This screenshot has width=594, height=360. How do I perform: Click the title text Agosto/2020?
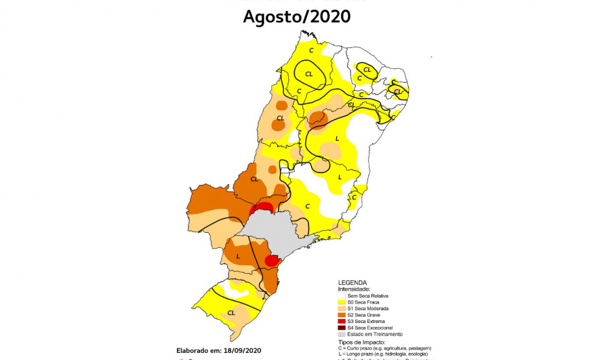click(x=297, y=16)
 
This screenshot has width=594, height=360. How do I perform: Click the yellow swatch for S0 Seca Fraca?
click(x=341, y=302)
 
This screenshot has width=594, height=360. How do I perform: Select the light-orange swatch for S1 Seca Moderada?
click(x=341, y=309)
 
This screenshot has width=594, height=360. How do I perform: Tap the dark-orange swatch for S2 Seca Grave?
click(x=341, y=315)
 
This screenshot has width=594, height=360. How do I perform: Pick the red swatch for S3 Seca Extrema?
click(x=341, y=321)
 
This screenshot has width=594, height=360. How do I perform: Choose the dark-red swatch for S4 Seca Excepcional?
click(x=341, y=328)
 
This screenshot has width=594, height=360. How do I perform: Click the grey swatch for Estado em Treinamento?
click(x=341, y=334)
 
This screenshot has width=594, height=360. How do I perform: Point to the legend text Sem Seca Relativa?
click(x=367, y=296)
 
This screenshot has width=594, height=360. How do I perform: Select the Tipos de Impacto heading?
click(x=362, y=342)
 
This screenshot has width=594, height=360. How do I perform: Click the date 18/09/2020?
click(x=240, y=350)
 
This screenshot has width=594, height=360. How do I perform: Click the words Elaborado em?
click(x=198, y=350)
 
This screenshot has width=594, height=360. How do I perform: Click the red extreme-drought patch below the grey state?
click(x=273, y=259)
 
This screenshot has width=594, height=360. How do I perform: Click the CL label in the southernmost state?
click(x=231, y=313)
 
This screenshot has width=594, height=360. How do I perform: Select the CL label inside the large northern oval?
click(x=309, y=73)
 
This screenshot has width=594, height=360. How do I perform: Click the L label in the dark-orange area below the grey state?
click(x=238, y=256)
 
